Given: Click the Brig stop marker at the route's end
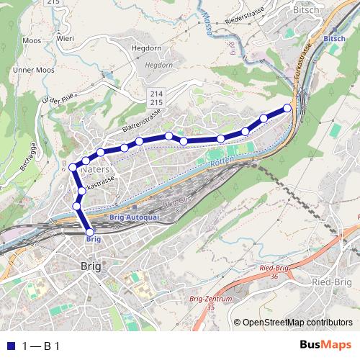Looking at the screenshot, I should click(90, 230).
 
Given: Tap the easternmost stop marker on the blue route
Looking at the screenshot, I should click(287, 108).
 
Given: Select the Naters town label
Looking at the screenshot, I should click(96, 168).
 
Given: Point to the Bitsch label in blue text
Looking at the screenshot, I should click(334, 37).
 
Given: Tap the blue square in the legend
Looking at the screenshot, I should click(10, 345).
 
